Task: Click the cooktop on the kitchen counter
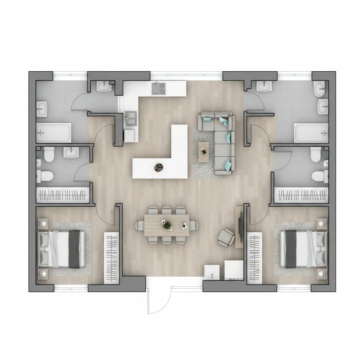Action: pyautogui.click(x=159, y=88)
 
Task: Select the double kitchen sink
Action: pyautogui.click(x=131, y=118)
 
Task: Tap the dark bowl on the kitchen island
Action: pyautogui.click(x=159, y=167)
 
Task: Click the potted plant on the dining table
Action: pyautogui.click(x=167, y=225)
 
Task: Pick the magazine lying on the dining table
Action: pyautogui.click(x=184, y=226)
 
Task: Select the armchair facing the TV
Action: pyautogui.click(x=226, y=237)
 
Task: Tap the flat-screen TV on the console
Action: pyautogui.click(x=240, y=227)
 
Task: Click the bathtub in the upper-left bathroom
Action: pyautogui.click(x=54, y=133)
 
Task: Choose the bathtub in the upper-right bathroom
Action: pyautogui.click(x=311, y=133)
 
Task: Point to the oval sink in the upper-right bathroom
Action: pyautogui.click(x=320, y=89)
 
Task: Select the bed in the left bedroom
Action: pyautogui.click(x=62, y=249)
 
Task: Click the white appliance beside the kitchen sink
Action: pyautogui.click(x=131, y=136)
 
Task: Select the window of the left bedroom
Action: pyautogui.click(x=71, y=288)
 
